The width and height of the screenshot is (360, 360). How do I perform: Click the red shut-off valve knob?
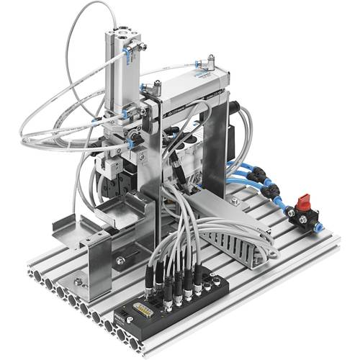point(303,198)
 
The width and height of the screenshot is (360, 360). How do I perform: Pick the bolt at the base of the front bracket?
point(77,280)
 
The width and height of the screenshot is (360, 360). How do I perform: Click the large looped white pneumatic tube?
point(58,115)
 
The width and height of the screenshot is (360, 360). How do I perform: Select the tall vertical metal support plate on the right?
point(220,151)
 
